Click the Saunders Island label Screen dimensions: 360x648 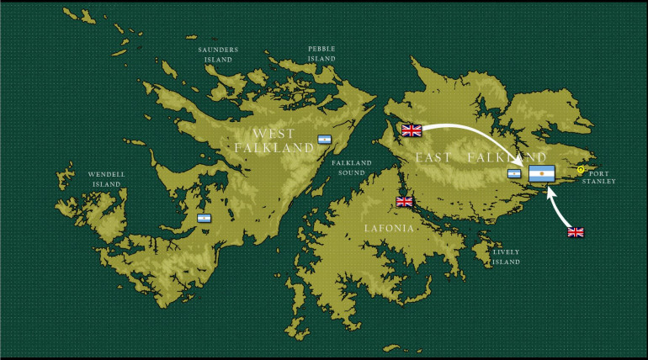click(218, 54)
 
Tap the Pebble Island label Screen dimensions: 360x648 click(321, 54)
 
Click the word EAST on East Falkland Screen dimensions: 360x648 click(433, 157)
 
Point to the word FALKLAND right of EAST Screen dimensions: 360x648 click(507, 157)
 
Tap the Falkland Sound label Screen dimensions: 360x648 click(352, 167)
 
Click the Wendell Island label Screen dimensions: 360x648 click(106, 179)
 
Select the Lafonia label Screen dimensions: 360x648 click(389, 228)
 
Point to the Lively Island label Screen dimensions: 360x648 click(507, 257)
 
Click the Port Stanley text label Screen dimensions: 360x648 click(598, 177)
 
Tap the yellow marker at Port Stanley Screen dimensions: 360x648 click(581, 170)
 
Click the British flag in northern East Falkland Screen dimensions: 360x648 click(412, 130)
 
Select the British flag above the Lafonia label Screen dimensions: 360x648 click(405, 202)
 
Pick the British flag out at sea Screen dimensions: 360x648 click(576, 232)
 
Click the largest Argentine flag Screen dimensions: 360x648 click(542, 174)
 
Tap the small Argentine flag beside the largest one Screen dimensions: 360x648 click(514, 174)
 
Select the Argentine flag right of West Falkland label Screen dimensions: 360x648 click(324, 140)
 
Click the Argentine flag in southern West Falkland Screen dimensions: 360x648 click(204, 219)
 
